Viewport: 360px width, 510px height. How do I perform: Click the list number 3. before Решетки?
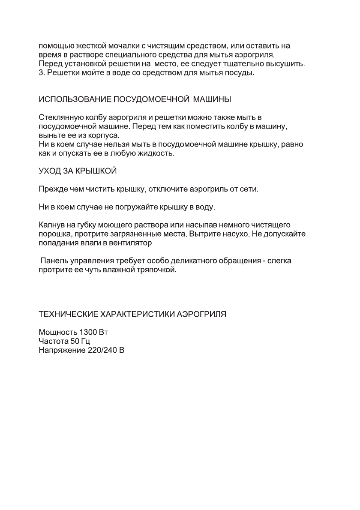point(42,73)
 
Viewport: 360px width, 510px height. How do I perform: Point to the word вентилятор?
point(132,243)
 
